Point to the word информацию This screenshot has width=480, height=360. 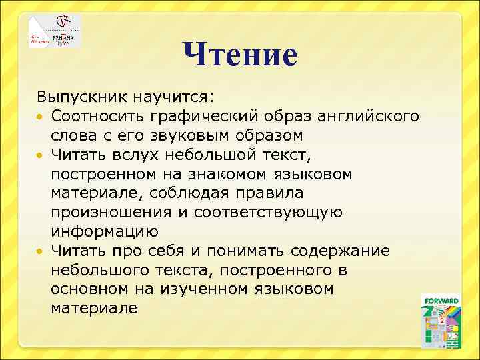(x=105, y=232)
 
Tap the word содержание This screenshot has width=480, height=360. (x=347, y=251)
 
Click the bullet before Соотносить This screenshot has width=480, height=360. (x=41, y=117)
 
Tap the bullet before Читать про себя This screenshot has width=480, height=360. (x=41, y=252)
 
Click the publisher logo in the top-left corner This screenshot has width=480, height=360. (x=55, y=31)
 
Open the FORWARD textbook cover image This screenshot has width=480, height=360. (x=441, y=321)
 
